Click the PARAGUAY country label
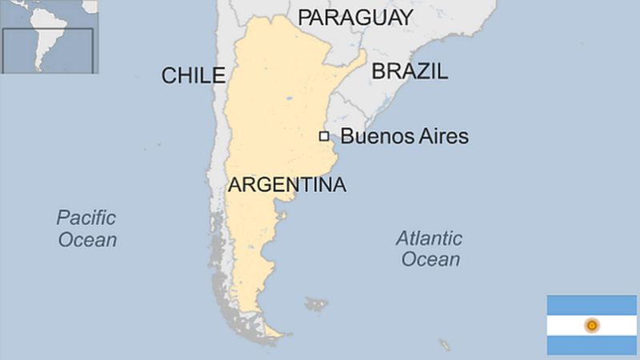[355, 17]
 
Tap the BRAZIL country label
[410, 71]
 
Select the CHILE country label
[193, 76]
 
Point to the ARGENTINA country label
[287, 186]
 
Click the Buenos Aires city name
[404, 136]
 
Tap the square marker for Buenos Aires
[324, 136]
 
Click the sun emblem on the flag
[591, 325]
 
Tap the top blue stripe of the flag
[591, 304]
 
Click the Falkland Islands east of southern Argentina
[317, 304]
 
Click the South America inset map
[48, 37]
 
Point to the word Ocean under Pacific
[86, 239]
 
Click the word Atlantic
[430, 238]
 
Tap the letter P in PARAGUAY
[304, 17]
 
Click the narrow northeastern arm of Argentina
[355, 64]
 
